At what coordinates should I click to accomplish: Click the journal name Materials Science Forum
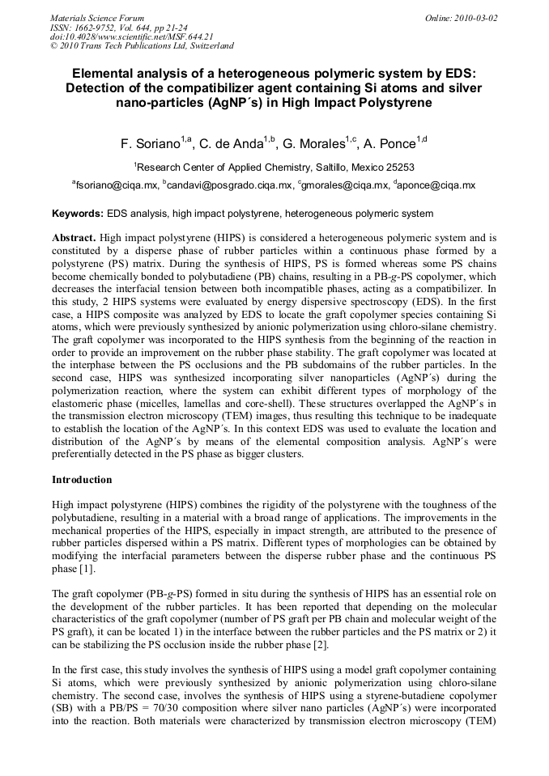click(97, 17)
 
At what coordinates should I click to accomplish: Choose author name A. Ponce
click(397, 145)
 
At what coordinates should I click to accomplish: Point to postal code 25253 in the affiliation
click(399, 167)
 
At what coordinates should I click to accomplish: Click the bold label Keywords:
click(78, 214)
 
